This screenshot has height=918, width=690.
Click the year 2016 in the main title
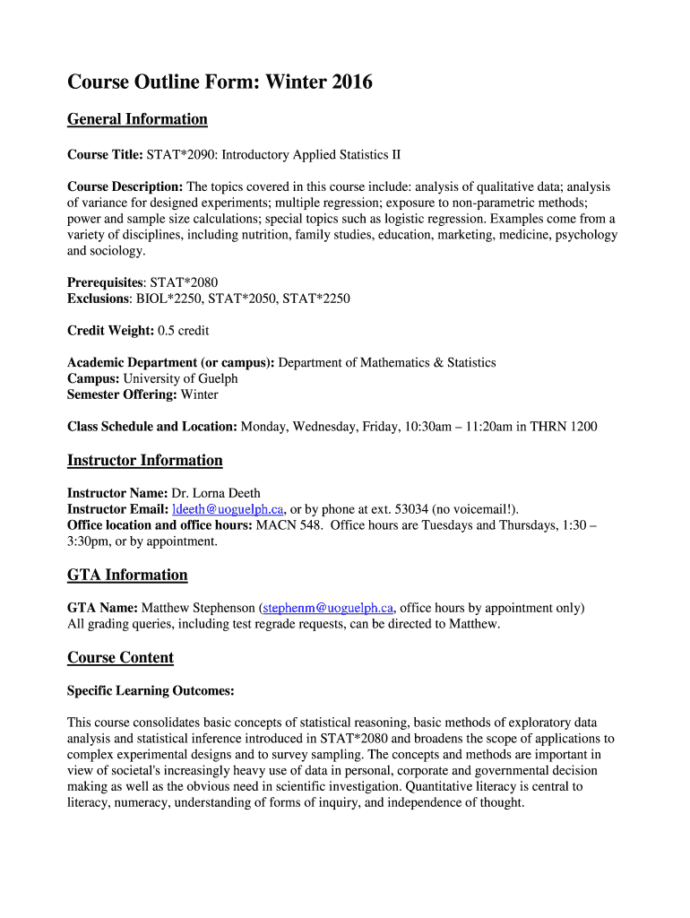coord(351,83)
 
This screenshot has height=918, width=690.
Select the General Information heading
coord(137,119)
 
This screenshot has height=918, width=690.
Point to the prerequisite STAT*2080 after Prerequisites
coord(183,282)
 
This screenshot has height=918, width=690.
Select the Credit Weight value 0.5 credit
coord(183,331)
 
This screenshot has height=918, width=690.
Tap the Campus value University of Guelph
coord(180,378)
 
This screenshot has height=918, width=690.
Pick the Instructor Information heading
coord(145,461)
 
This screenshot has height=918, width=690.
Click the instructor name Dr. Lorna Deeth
coord(216,493)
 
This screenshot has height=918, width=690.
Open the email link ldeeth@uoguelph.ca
coord(228,509)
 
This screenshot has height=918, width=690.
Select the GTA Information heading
coord(127,575)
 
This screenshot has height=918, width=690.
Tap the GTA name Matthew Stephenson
coord(199,608)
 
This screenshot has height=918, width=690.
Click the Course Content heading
coord(120,658)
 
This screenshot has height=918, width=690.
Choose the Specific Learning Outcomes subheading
coord(151,690)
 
